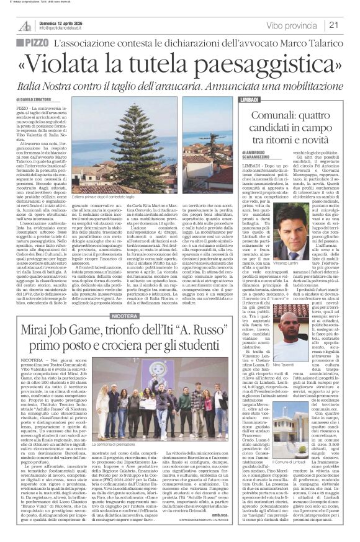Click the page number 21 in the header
(x=333, y=25)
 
